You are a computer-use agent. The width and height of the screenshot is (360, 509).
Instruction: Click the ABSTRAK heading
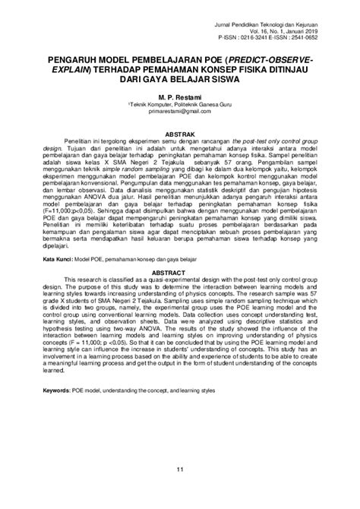pos(180,131)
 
